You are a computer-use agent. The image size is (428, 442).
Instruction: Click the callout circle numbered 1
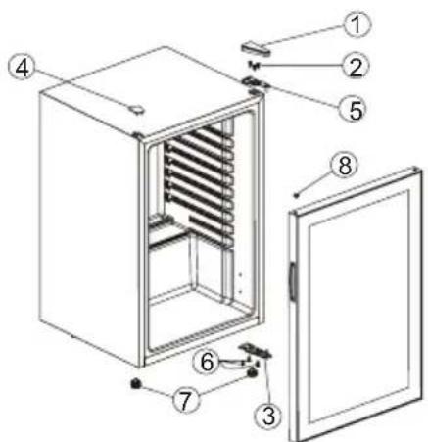tap(357, 25)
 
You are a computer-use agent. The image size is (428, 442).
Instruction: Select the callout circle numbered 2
tap(356, 67)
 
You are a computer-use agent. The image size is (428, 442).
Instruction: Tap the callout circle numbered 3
tap(268, 416)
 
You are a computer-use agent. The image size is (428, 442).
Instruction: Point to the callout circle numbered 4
tap(23, 69)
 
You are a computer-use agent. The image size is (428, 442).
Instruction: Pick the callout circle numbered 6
tap(207, 362)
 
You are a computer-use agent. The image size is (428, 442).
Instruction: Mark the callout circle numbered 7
tap(185, 401)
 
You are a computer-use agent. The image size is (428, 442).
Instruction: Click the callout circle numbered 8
tap(345, 166)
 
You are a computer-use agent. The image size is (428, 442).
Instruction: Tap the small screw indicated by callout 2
tap(254, 65)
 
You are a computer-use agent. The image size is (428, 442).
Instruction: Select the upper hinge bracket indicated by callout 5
tap(256, 83)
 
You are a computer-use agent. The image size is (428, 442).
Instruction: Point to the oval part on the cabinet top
tap(135, 109)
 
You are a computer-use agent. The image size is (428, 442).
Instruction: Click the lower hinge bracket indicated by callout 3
tap(256, 350)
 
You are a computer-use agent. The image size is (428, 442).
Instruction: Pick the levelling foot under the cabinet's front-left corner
tap(135, 384)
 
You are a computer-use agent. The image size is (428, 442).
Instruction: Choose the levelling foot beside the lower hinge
tap(252, 372)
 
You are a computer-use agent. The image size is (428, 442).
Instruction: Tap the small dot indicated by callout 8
tap(296, 195)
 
